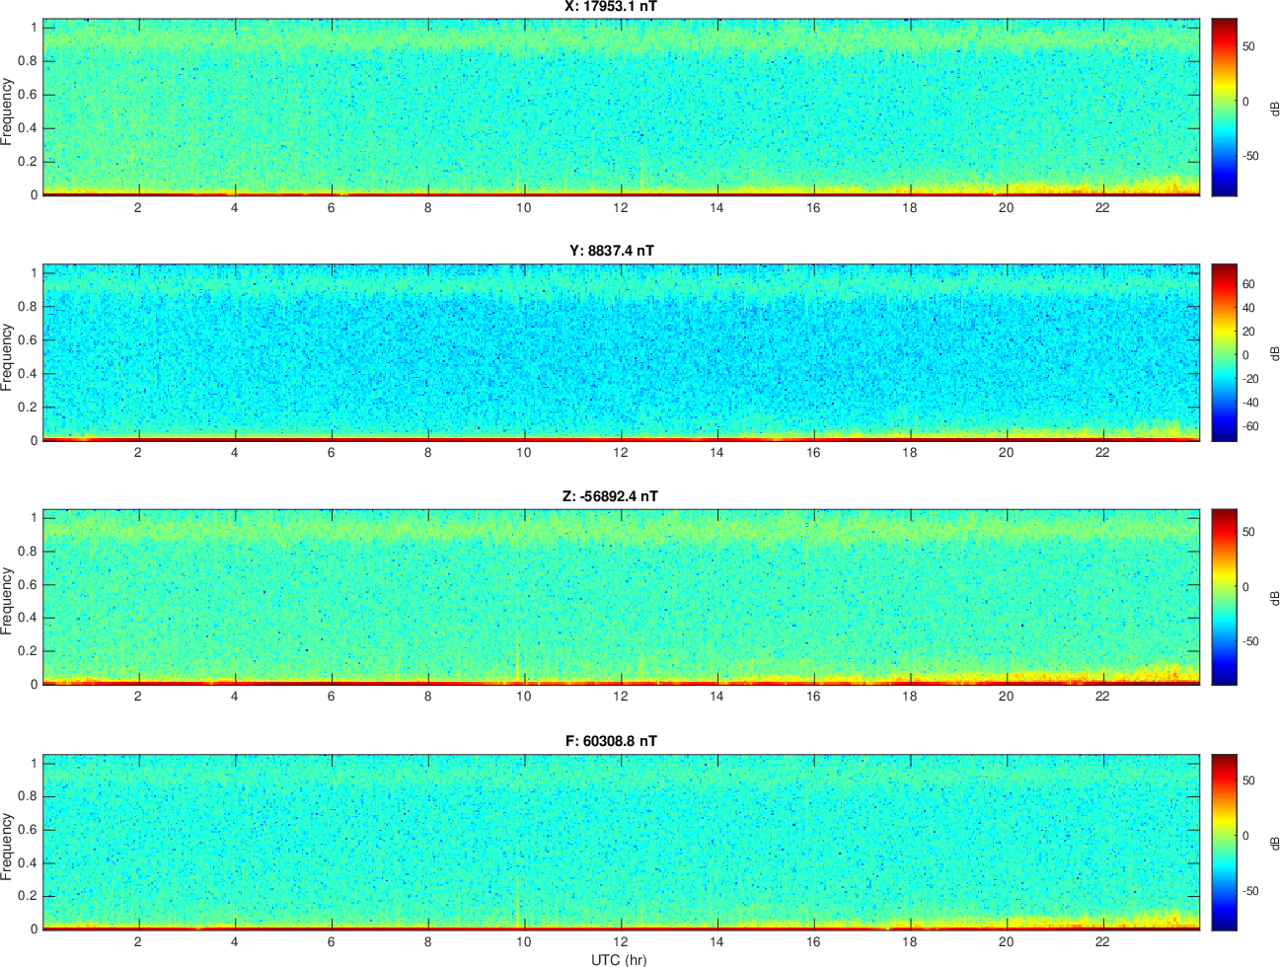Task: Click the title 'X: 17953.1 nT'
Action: pyautogui.click(x=611, y=6)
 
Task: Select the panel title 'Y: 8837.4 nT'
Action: pyautogui.click(x=612, y=251)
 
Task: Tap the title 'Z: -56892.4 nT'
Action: pyautogui.click(x=610, y=496)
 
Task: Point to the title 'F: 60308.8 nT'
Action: pyautogui.click(x=611, y=741)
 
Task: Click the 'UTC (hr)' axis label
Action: pyautogui.click(x=619, y=959)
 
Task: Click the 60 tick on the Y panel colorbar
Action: pyautogui.click(x=1248, y=284)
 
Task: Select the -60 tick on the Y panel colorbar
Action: pyautogui.click(x=1248, y=426)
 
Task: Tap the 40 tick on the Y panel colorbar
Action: pyautogui.click(x=1248, y=308)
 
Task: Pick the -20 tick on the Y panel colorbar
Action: pyautogui.click(x=1248, y=379)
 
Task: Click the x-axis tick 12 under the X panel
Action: pyautogui.click(x=621, y=207)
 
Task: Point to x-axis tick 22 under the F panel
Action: pyautogui.click(x=1102, y=941)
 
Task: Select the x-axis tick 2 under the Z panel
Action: pyautogui.click(x=137, y=696)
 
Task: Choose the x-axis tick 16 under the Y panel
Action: pyautogui.click(x=813, y=452)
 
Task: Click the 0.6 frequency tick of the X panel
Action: pyautogui.click(x=28, y=95)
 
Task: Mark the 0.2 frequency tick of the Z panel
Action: pyautogui.click(x=28, y=651)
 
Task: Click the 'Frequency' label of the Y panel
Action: pyautogui.click(x=6, y=357)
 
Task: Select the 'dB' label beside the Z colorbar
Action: pyautogui.click(x=1274, y=599)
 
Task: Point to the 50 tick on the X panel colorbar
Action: pyautogui.click(x=1248, y=46)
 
